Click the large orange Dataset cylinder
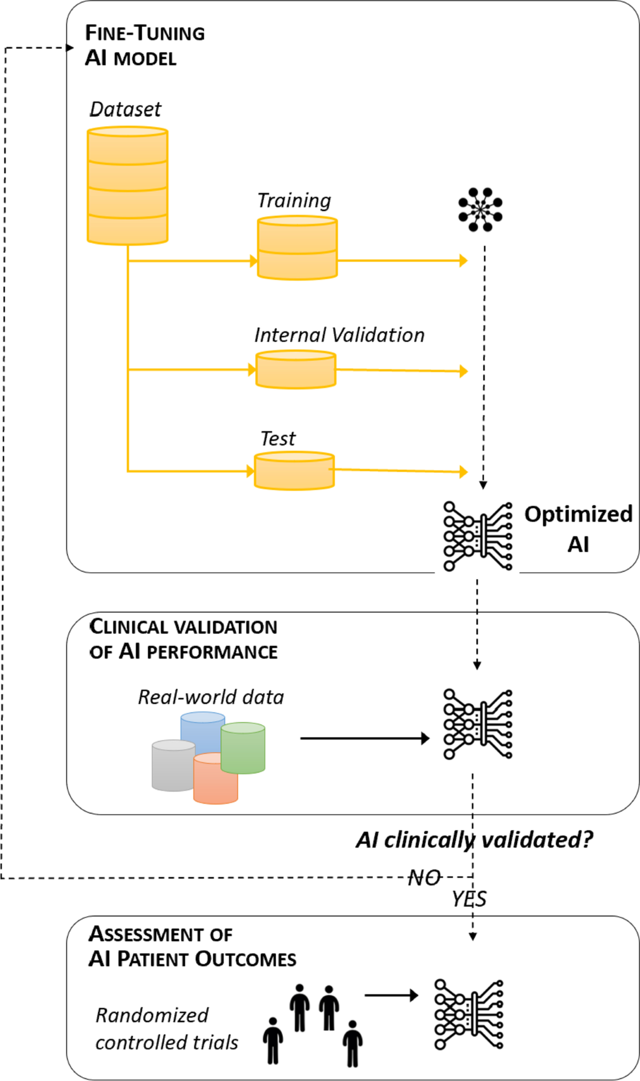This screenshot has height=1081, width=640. click(127, 185)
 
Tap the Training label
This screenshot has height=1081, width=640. click(294, 200)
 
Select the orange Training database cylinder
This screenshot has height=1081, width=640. click(297, 248)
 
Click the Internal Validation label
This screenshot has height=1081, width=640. click(339, 335)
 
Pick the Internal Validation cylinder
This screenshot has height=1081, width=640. click(295, 369)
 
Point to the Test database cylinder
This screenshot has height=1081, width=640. click(294, 471)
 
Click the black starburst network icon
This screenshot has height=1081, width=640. click(480, 209)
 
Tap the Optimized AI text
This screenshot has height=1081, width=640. click(578, 528)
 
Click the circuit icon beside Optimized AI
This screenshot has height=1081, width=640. click(478, 536)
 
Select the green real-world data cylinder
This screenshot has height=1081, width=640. click(243, 747)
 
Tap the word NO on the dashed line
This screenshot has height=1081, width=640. click(425, 877)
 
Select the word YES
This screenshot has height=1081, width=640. click(469, 899)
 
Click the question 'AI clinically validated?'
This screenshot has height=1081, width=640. click(474, 840)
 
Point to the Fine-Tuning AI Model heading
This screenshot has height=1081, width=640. click(145, 45)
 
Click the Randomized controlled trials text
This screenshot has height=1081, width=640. click(166, 1029)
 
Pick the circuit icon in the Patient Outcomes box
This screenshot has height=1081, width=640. click(469, 1014)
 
